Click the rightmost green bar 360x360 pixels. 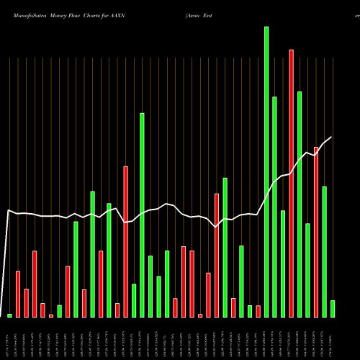(x=333, y=309)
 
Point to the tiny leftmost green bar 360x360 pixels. (x=9, y=315)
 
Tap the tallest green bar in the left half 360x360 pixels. (x=142, y=215)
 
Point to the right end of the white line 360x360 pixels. (x=332, y=138)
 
